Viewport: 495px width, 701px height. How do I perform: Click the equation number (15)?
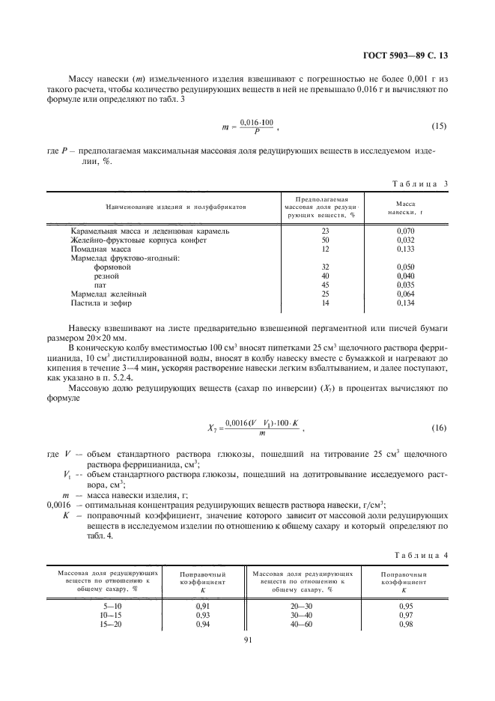pos(439,125)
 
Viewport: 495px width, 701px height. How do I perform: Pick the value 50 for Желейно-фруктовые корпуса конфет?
pos(325,240)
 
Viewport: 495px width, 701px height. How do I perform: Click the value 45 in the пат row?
pos(325,285)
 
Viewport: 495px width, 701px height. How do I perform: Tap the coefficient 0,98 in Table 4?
pos(405,623)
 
